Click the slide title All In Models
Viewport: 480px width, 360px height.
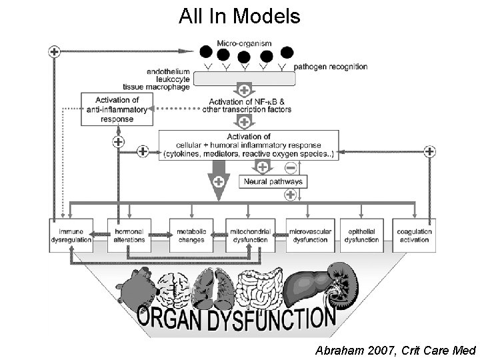[x=239, y=16]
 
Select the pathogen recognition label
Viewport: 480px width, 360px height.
[x=330, y=67]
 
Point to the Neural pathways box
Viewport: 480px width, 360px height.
[x=273, y=181]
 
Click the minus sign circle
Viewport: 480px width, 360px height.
[x=291, y=167]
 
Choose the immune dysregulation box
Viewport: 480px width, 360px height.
[x=71, y=235]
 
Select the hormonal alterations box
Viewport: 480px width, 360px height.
[x=129, y=235]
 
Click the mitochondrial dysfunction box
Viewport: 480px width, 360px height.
[x=248, y=235]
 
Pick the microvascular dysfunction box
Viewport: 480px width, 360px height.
[x=308, y=235]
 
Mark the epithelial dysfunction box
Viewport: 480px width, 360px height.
[x=361, y=235]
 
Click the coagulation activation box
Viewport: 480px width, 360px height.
[x=413, y=235]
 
